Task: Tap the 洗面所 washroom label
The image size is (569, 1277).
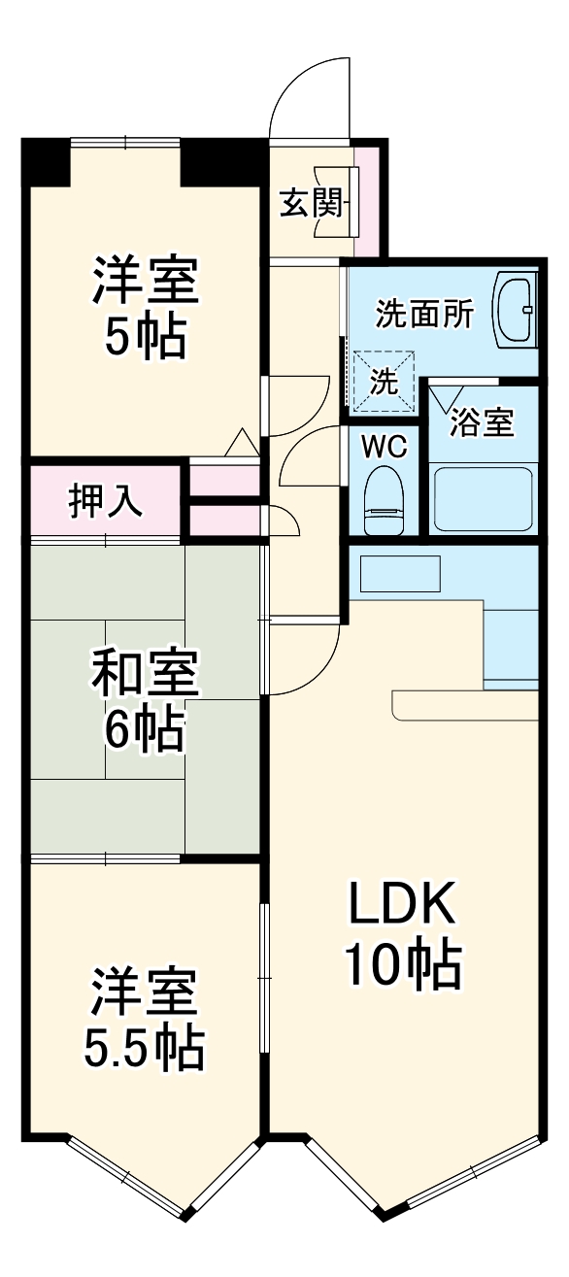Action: pyautogui.click(x=424, y=314)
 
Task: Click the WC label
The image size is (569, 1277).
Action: pyautogui.click(x=385, y=447)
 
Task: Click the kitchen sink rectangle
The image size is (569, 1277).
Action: pyautogui.click(x=400, y=574)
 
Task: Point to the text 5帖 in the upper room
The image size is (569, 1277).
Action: pyautogui.click(x=146, y=339)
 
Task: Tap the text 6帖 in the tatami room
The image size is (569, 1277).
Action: pyautogui.click(x=146, y=731)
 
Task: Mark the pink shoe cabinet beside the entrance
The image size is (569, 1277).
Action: pyautogui.click(x=367, y=194)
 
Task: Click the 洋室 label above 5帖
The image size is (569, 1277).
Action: pyautogui.click(x=146, y=282)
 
